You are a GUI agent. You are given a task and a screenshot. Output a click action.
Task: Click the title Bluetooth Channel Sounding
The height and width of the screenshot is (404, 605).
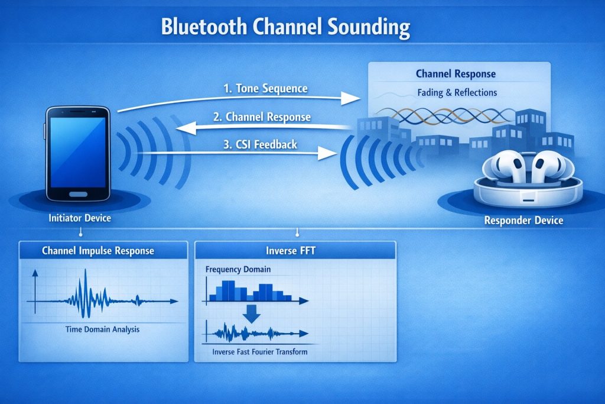click(285, 27)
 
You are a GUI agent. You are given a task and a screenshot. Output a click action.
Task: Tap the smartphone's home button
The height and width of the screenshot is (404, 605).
click(78, 194)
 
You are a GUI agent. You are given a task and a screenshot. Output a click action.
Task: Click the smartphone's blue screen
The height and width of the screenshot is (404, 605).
click(78, 152)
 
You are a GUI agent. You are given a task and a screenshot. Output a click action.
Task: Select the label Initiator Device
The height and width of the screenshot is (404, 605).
click(80, 218)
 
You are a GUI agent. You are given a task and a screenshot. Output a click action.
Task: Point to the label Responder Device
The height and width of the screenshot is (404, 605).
click(523, 221)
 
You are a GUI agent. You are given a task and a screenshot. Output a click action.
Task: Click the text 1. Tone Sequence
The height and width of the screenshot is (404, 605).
click(265, 89)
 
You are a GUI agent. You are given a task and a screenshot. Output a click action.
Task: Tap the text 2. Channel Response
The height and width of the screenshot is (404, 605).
click(262, 117)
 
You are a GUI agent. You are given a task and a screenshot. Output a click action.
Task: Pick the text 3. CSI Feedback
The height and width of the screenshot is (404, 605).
click(261, 144)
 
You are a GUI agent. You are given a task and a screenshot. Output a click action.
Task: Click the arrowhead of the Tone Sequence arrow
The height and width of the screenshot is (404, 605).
click(351, 99)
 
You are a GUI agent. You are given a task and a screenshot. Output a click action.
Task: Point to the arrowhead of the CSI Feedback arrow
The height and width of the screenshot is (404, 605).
click(327, 153)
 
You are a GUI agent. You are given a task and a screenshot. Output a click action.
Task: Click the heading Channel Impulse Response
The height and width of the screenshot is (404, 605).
click(98, 251)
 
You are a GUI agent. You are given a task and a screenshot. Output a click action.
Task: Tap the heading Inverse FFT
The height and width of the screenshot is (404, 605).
click(291, 251)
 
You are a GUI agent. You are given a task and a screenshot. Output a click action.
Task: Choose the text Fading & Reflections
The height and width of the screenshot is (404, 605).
click(457, 93)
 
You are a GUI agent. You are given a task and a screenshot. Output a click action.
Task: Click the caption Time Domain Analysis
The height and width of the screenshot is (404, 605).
click(102, 329)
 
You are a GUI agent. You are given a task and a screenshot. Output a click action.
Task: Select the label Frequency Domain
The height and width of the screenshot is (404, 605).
click(238, 269)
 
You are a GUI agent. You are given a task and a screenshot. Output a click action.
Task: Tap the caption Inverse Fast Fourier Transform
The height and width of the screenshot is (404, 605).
click(260, 352)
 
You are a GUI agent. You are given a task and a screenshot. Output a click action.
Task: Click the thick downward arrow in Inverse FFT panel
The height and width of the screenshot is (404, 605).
click(252, 313)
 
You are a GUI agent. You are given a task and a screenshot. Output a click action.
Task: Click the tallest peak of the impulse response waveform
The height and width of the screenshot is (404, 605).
click(86, 271)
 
